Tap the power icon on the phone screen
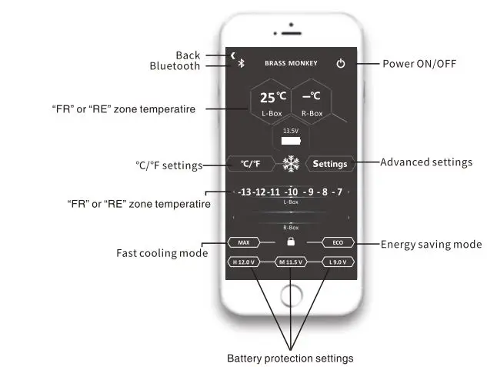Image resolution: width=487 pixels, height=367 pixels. (341, 63)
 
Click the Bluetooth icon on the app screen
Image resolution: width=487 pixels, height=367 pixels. (240, 63)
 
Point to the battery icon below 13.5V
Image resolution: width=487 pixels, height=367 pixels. (291, 142)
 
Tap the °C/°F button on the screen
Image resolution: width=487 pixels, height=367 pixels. (251, 164)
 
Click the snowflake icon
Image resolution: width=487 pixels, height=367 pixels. (291, 164)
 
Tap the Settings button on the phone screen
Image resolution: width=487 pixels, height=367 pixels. (330, 164)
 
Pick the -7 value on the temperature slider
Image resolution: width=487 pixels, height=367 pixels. (337, 192)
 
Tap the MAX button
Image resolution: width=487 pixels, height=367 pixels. (244, 242)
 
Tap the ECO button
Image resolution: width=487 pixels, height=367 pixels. (338, 242)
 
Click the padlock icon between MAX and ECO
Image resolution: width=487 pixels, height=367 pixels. (291, 242)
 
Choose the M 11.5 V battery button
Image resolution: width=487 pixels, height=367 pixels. (291, 262)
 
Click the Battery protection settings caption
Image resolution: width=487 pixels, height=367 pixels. (290, 359)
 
